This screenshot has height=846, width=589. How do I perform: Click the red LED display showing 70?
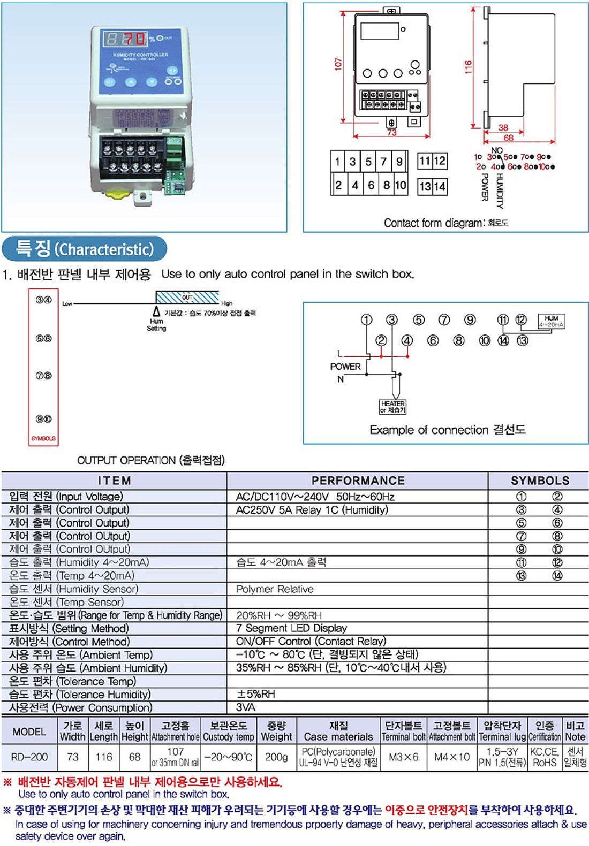point(134,39)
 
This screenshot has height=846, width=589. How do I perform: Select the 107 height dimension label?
point(338,64)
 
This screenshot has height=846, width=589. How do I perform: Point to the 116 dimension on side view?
point(469,67)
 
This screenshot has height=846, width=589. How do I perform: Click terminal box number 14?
point(440,187)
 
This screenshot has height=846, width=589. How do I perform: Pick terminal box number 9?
point(399,162)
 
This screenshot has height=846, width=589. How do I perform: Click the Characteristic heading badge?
point(85,249)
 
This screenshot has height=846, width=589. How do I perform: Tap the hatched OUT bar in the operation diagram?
point(187,297)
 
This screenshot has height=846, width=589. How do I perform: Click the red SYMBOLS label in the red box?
point(43,438)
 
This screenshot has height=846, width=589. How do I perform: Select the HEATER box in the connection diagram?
point(393,407)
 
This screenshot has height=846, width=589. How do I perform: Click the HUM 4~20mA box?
point(551,321)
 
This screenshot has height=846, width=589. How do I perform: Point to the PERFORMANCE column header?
point(358,481)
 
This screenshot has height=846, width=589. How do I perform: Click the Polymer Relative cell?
point(275,589)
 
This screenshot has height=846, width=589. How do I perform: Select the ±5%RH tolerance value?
point(256,694)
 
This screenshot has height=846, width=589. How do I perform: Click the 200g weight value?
point(276,757)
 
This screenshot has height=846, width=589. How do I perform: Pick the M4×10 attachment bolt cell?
point(452,757)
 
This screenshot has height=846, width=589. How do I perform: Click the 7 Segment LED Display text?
point(291,628)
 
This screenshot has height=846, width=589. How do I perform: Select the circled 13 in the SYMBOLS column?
point(521,576)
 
